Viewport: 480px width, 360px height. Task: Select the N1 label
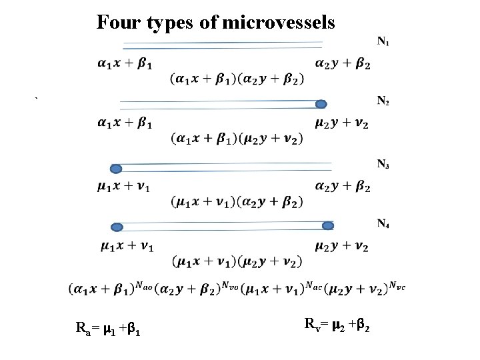pyautogui.click(x=383, y=42)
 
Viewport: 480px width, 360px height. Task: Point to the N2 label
pyautogui.click(x=383, y=101)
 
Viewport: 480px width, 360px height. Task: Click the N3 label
pyautogui.click(x=383, y=165)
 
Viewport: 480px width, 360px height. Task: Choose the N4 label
pyautogui.click(x=383, y=223)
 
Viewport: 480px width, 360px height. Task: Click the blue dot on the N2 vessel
pyautogui.click(x=321, y=104)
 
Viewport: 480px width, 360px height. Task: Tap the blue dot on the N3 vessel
pyautogui.click(x=116, y=169)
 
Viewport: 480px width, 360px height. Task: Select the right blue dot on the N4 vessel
pyautogui.click(x=327, y=226)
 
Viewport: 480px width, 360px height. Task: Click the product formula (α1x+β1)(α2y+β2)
pyautogui.click(x=237, y=79)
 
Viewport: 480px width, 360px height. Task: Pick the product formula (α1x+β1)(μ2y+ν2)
pyautogui.click(x=237, y=139)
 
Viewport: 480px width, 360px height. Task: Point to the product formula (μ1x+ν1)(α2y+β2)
pyautogui.click(x=237, y=201)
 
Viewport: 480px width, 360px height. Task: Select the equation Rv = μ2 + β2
pyautogui.click(x=337, y=326)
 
